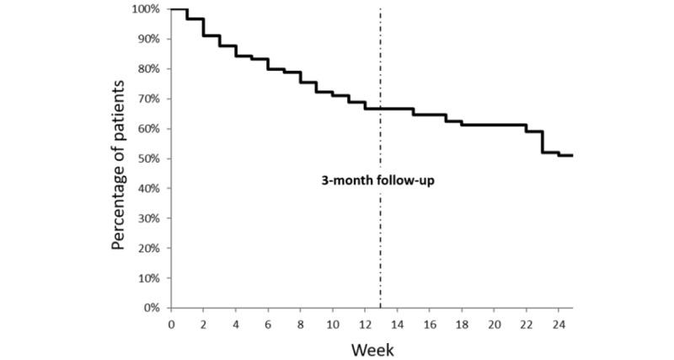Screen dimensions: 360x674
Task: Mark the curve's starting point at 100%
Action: tap(172, 9)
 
